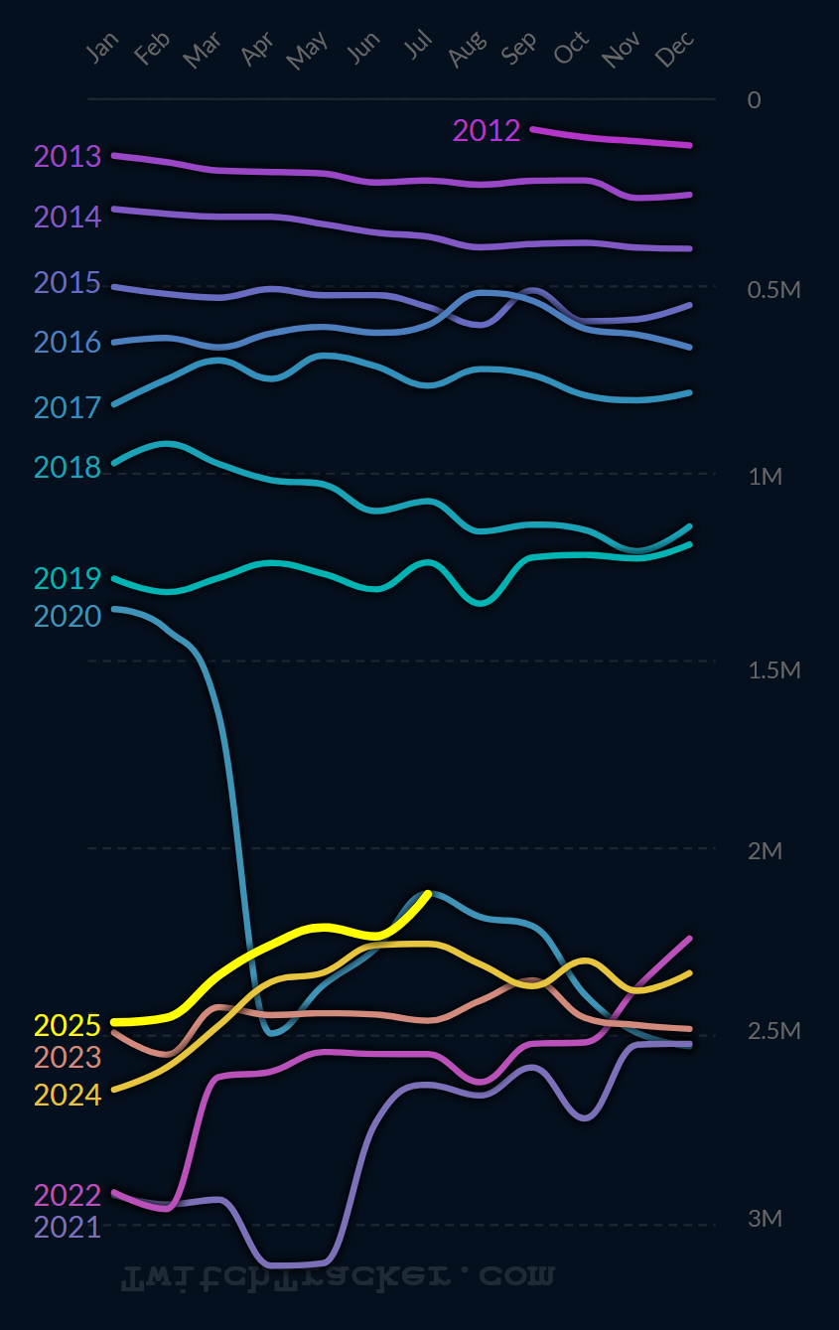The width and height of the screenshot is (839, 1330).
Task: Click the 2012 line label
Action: (x=487, y=130)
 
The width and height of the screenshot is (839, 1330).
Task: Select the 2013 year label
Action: (x=68, y=156)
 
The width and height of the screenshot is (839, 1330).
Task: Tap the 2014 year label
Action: (x=68, y=217)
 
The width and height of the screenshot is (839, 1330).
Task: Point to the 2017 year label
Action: (x=68, y=407)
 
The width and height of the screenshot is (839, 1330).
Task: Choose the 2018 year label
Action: (x=68, y=467)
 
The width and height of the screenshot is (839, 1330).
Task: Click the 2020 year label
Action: (x=68, y=616)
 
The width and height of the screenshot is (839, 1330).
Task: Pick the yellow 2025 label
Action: (x=68, y=1025)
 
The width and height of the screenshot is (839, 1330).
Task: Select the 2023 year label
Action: (x=68, y=1057)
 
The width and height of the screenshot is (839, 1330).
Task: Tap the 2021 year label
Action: (x=68, y=1227)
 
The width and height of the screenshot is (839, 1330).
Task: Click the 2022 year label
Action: (x=68, y=1195)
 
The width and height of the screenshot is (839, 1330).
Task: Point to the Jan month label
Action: (x=103, y=47)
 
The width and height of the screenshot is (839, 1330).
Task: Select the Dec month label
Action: (x=675, y=50)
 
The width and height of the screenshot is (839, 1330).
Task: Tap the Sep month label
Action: (x=520, y=48)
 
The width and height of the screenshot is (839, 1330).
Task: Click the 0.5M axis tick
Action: (x=773, y=290)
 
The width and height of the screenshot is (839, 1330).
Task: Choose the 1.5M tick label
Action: (x=773, y=670)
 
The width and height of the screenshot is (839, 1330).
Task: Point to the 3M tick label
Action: (x=765, y=1218)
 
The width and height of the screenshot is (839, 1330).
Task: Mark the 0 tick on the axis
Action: (x=754, y=100)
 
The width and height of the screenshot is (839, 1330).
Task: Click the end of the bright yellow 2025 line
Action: (x=428, y=893)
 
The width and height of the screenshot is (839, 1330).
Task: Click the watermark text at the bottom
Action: (x=338, y=1278)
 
